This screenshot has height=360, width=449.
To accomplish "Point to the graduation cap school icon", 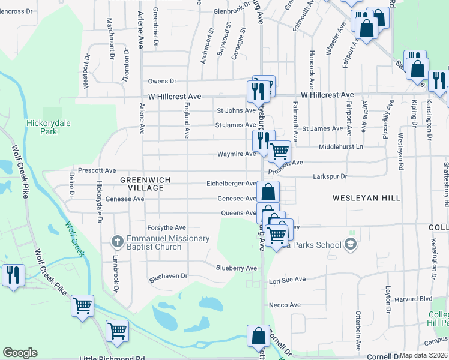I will (x=351, y=244).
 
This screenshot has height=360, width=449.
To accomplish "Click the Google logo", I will (x=20, y=353).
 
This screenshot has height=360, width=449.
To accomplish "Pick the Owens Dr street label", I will (x=163, y=81).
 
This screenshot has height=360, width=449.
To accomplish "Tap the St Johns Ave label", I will (x=237, y=110).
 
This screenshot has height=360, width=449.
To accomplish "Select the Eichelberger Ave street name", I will (x=231, y=184).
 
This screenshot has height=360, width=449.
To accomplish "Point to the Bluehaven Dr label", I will (x=169, y=277).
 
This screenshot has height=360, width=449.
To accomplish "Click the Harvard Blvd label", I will (x=414, y=299).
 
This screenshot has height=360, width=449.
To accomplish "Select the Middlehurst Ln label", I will (x=341, y=146).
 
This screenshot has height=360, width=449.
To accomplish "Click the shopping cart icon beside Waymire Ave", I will (x=279, y=151).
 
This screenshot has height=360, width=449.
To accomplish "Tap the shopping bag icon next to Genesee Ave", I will (x=268, y=192).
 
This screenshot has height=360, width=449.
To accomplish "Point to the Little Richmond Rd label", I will (x=113, y=358).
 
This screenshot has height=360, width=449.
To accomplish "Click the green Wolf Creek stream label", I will (x=75, y=239).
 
